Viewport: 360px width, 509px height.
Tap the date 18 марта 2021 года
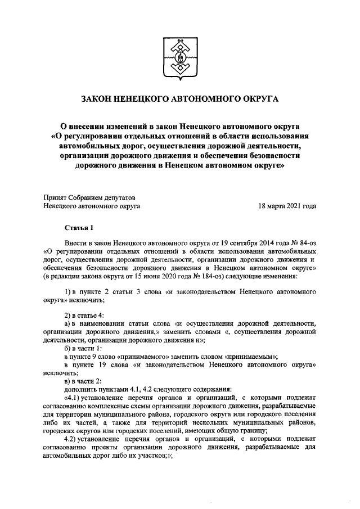pos(286,206)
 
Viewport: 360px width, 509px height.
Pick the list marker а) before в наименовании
pos(67,323)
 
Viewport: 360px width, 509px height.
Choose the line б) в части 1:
pos(85,348)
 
